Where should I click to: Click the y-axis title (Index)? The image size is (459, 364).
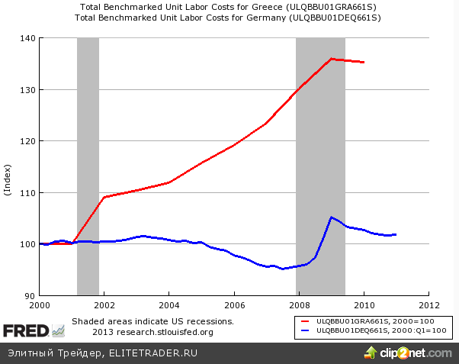click(8, 179)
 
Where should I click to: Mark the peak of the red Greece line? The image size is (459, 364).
click(332, 58)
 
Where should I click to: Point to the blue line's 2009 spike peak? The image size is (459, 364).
click(332, 217)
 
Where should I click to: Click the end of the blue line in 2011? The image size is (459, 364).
click(396, 234)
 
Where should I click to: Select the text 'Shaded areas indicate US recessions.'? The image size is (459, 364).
click(152, 322)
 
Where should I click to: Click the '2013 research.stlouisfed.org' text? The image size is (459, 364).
click(152, 332)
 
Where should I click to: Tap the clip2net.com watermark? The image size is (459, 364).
click(412, 353)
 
